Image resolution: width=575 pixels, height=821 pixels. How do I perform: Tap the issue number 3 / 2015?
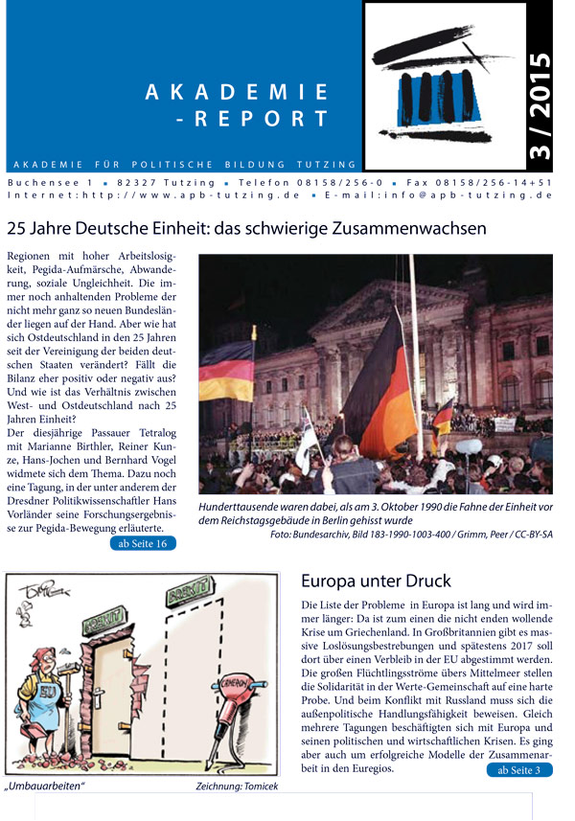(x=541, y=105)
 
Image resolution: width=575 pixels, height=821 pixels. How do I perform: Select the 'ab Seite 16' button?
(x=143, y=544)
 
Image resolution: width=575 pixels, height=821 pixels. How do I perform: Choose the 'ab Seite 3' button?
(x=518, y=769)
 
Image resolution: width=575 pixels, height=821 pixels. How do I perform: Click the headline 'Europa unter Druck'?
(x=376, y=582)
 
